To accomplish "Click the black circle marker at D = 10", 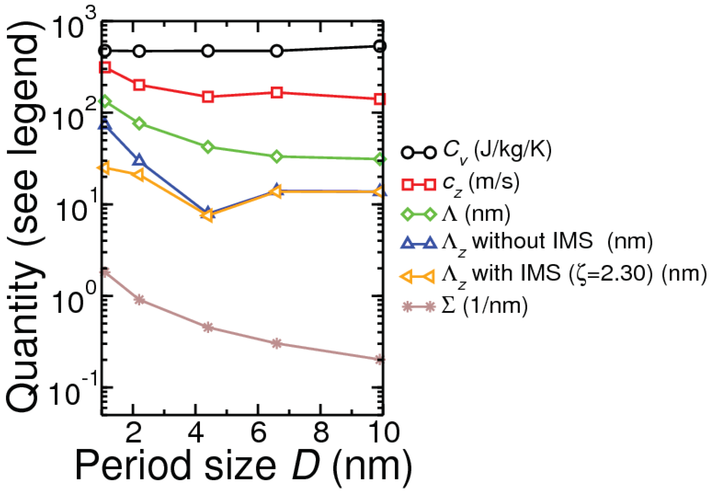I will (380, 46).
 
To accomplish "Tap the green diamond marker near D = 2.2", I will (139, 123).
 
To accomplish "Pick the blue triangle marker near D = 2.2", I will (139, 161).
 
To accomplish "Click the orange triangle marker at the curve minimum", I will (208, 215).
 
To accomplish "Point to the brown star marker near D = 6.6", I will (277, 343).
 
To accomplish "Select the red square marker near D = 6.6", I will (277, 92).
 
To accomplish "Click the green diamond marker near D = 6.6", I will (277, 157).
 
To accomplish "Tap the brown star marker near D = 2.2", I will (139, 299).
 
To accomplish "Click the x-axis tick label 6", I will (258, 433).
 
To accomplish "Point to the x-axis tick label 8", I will (321, 433).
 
